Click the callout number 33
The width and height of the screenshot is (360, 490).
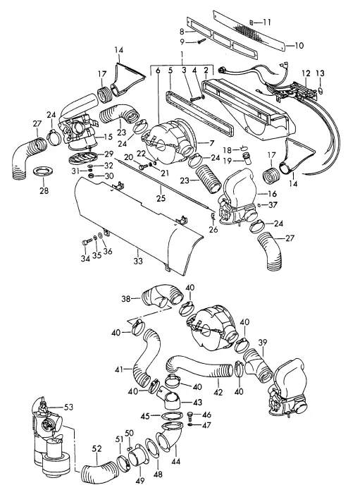click(x=138, y=261)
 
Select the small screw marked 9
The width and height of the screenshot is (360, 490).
click(x=201, y=41)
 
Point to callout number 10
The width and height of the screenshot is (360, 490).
click(x=299, y=46)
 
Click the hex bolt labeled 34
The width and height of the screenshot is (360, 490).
click(x=85, y=242)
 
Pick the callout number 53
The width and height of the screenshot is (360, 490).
click(x=68, y=407)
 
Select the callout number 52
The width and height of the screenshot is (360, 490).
click(x=97, y=448)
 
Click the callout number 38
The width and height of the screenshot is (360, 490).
click(x=126, y=299)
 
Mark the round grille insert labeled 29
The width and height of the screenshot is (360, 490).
click(x=82, y=157)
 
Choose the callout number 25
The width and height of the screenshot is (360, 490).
click(x=161, y=198)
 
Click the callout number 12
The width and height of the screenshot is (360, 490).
click(x=306, y=73)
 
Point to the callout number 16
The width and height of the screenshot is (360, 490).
click(x=272, y=194)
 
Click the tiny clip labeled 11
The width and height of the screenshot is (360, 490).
click(x=252, y=22)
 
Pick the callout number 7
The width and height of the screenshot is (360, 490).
click(x=212, y=143)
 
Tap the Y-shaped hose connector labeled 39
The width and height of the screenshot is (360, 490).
click(x=257, y=366)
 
